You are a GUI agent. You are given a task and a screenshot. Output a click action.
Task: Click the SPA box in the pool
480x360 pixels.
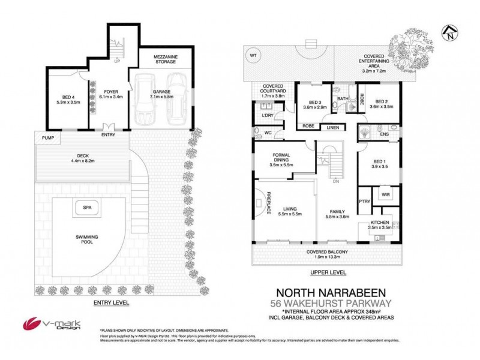pos(88,209)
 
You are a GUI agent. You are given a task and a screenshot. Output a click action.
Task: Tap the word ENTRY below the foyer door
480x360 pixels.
pos(109,134)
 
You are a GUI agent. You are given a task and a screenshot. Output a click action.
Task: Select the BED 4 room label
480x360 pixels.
pos(67,97)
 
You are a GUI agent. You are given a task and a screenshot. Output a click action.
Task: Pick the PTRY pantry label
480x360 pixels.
pos(364,202)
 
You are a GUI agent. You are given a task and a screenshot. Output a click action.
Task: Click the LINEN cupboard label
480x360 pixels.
pos(332,127)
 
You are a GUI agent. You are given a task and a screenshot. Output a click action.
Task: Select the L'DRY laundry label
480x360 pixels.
pos(267,116)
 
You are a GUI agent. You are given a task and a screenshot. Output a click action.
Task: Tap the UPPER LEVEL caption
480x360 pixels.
pos(328,272)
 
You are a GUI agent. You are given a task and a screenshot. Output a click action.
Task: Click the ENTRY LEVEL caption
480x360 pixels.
pos(112,304)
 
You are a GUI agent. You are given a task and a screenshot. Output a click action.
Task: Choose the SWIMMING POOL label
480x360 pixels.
pos(88,239)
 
